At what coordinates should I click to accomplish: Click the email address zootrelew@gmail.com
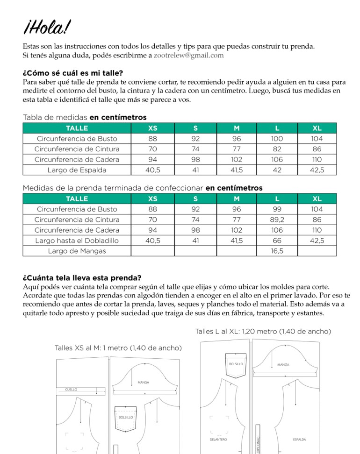tap(188, 55)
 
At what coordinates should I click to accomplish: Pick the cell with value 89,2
tap(277, 220)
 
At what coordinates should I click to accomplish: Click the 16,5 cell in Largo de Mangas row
tap(277, 251)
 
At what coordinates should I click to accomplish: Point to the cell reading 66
tap(277, 241)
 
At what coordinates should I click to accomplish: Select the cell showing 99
tap(277, 209)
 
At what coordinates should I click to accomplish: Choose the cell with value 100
tap(277, 139)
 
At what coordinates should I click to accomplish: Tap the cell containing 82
tap(277, 149)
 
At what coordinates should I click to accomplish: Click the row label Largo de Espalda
tap(77, 170)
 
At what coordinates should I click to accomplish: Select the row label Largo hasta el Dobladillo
tap(77, 241)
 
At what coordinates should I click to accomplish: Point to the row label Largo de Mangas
tap(77, 251)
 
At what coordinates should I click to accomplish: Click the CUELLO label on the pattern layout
tap(71, 389)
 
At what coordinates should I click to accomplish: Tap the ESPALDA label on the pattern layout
tap(299, 439)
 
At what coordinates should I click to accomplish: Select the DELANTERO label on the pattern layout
tap(218, 439)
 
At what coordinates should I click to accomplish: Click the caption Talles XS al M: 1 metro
tap(118, 348)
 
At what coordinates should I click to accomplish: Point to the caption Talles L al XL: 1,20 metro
tap(263, 331)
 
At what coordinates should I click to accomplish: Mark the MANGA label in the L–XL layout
tap(283, 364)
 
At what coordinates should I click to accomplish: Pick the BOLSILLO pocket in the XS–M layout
tap(126, 417)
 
